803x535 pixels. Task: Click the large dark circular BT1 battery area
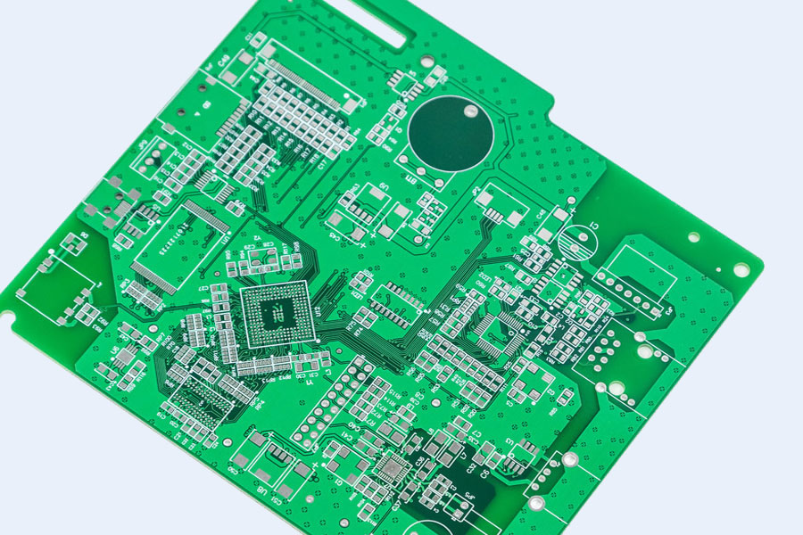tap(451, 134)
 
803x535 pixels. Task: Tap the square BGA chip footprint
tap(277, 314)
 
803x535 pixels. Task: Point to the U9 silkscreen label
tap(383, 186)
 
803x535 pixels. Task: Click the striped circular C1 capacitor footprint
tap(577, 241)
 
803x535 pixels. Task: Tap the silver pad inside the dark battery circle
tap(469, 110)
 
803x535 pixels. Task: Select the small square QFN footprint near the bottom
tap(391, 468)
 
